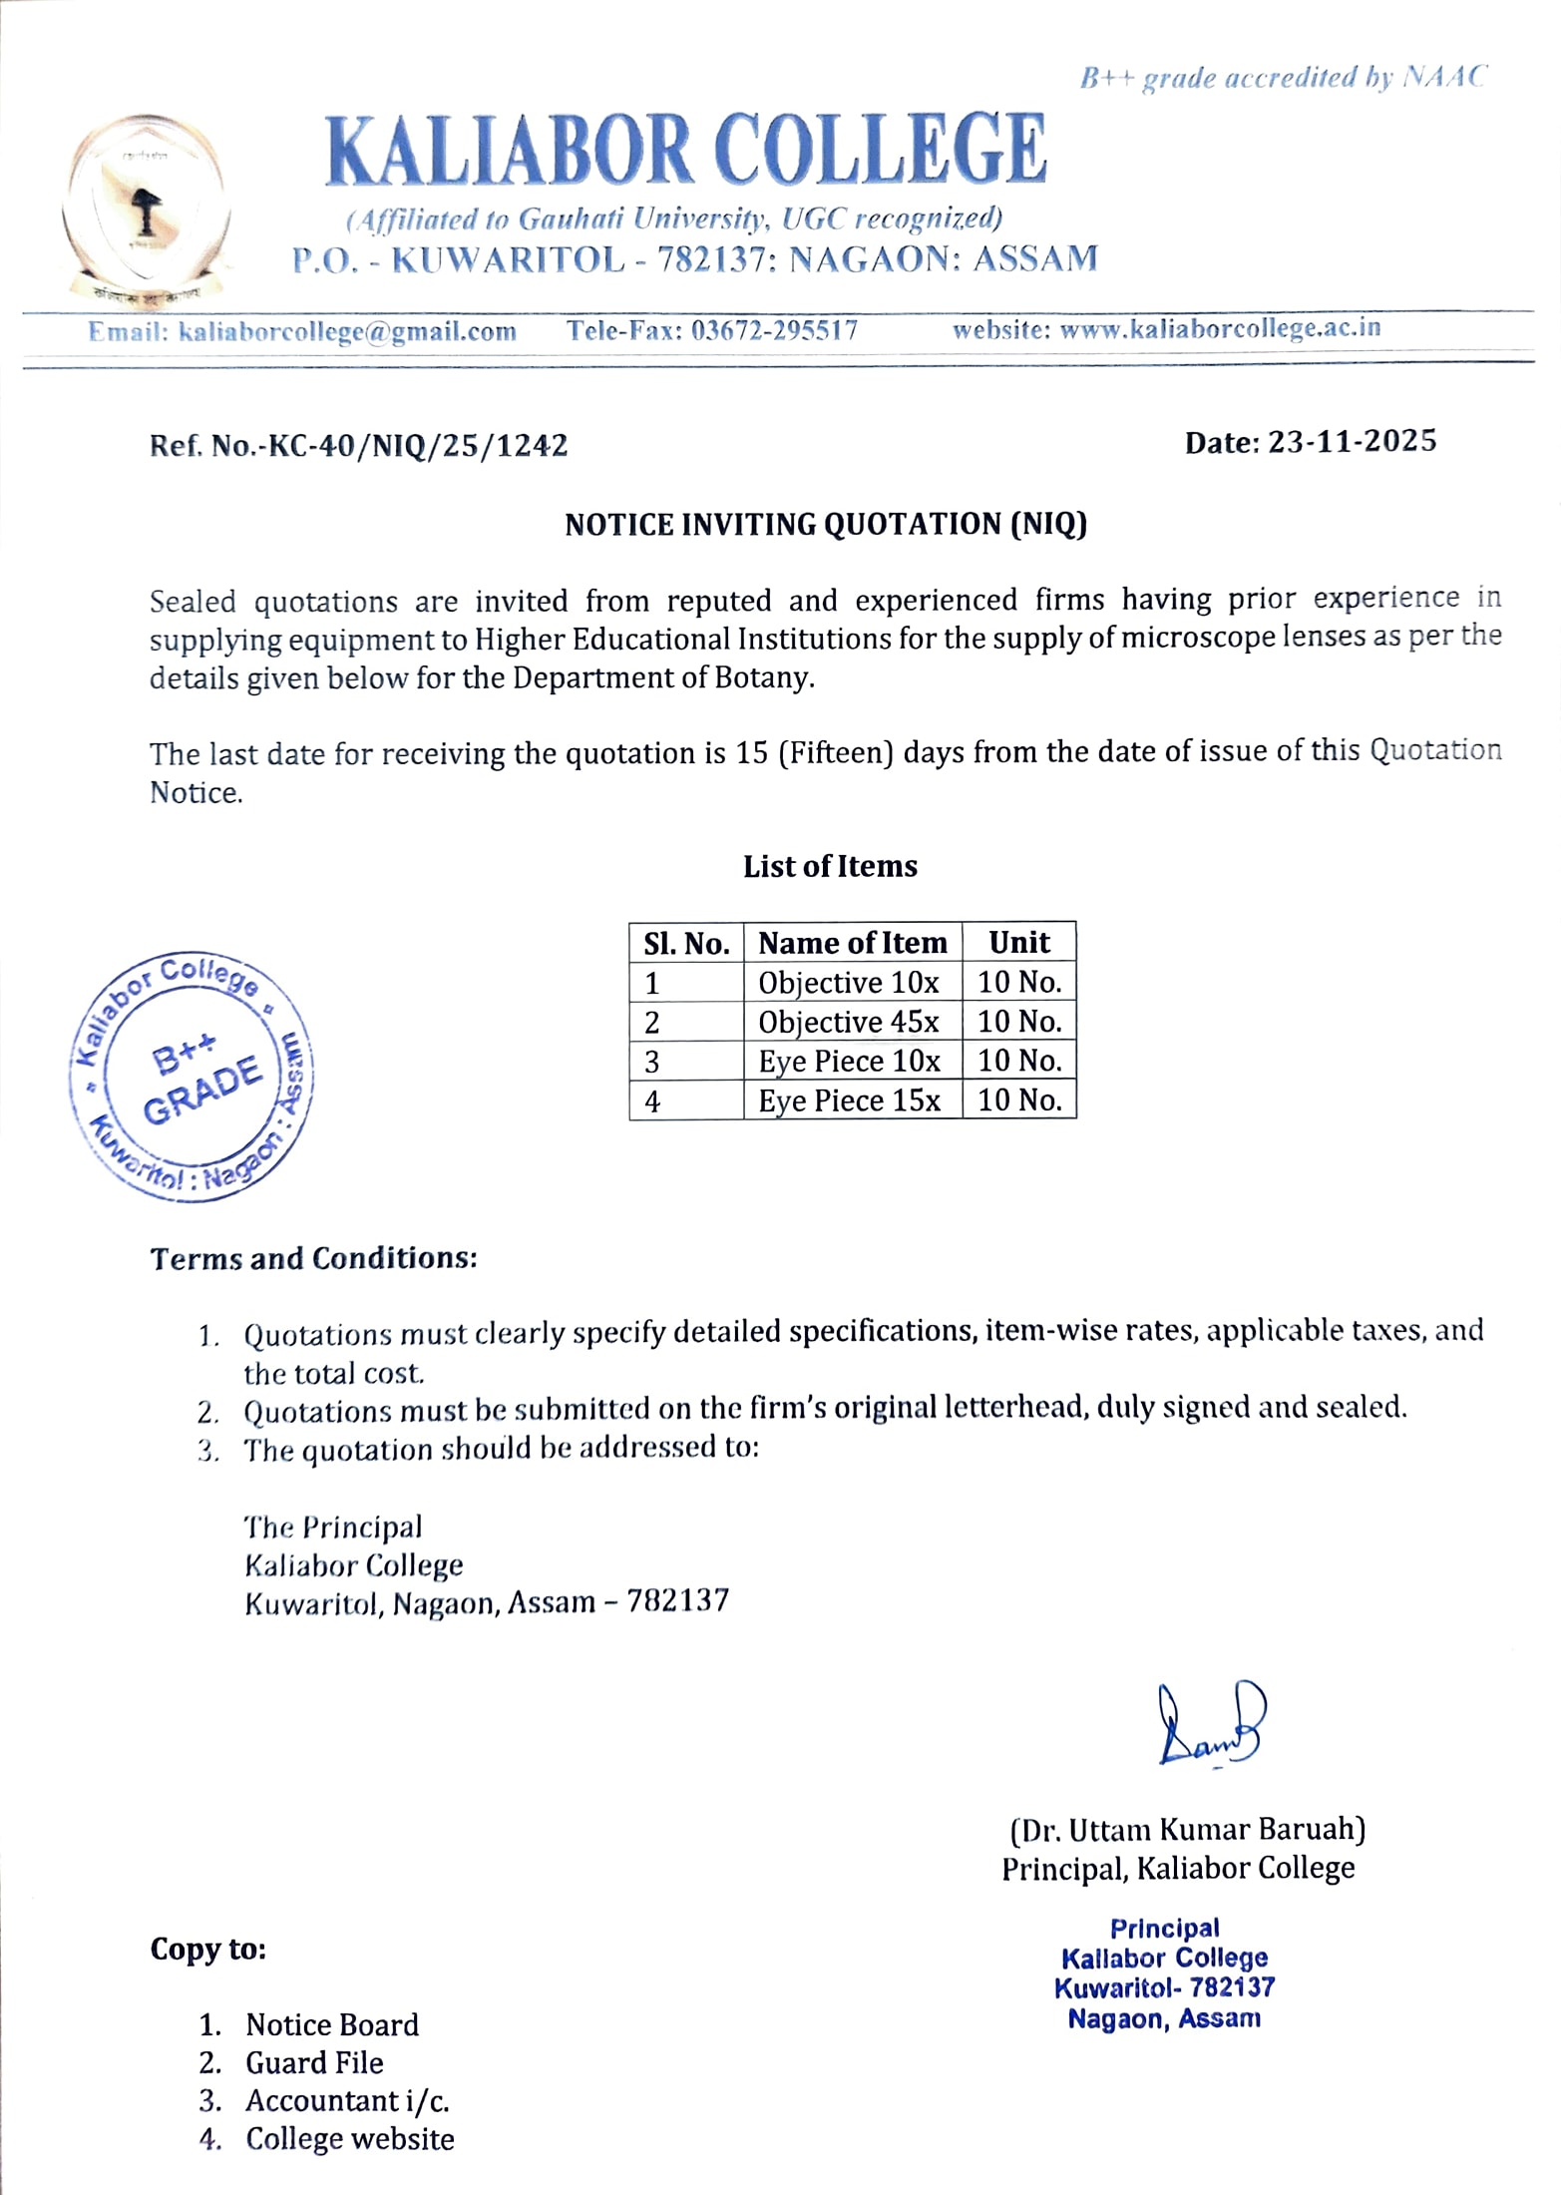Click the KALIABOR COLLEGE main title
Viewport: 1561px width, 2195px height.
[686, 150]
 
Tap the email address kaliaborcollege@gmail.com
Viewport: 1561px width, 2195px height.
[346, 332]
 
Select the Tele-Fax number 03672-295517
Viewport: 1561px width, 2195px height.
[774, 330]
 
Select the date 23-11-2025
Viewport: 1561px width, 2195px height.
[1352, 441]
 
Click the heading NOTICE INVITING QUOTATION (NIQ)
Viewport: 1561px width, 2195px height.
[825, 524]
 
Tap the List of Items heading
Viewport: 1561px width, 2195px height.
[830, 866]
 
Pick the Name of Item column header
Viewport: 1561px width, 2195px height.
[852, 943]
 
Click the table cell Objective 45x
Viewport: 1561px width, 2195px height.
[849, 1022]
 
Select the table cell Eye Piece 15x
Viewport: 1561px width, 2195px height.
[849, 1100]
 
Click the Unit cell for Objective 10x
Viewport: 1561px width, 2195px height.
[1019, 983]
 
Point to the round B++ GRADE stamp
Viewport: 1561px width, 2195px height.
[192, 1077]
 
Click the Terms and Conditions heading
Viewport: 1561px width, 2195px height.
[314, 1258]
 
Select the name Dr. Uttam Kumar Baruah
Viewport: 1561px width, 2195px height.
[1187, 1830]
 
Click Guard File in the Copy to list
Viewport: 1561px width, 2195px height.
[314, 2062]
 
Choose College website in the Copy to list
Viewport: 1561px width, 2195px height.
[349, 2138]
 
